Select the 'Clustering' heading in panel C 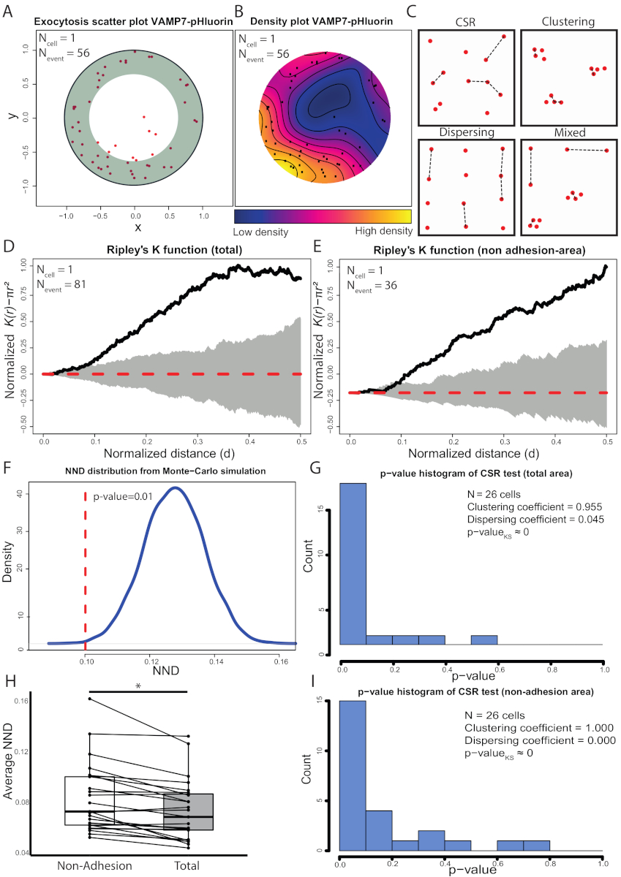click(x=567, y=22)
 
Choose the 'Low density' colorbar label click(x=260, y=232)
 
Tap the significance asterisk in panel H click(x=138, y=686)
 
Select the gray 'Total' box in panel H click(x=188, y=811)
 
